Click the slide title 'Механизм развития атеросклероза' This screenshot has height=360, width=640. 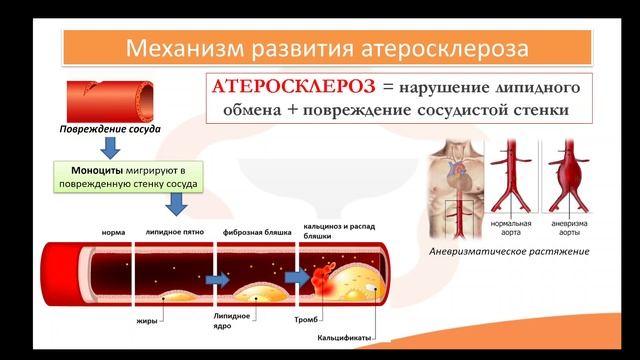click(319, 47)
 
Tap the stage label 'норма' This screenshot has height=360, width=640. click(113, 232)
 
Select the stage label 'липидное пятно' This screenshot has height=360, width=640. click(175, 232)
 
